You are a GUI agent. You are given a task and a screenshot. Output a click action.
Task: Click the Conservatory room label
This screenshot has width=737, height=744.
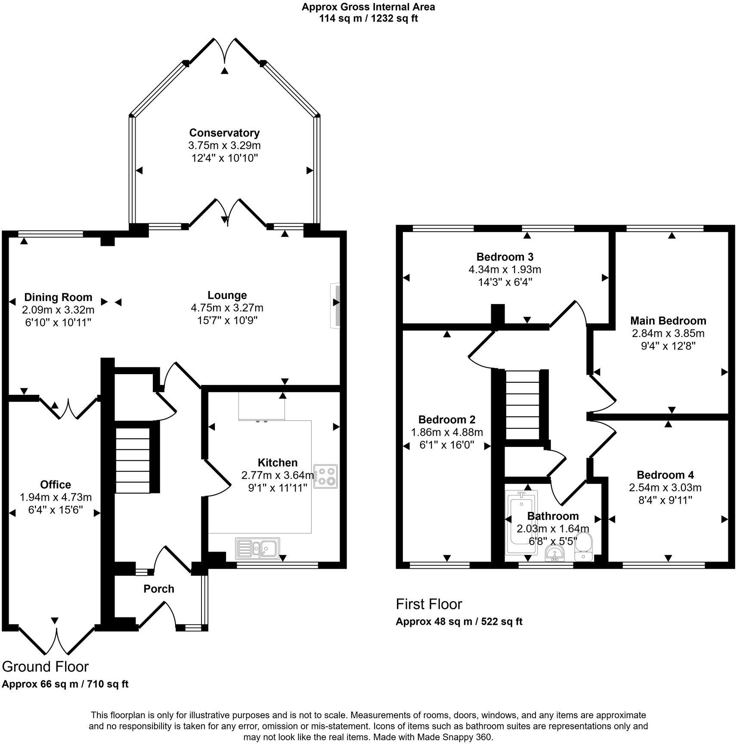[x=224, y=133]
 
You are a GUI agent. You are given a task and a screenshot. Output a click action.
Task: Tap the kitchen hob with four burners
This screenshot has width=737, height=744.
[x=326, y=476]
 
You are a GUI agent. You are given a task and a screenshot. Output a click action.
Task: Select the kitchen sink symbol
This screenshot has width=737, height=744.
[x=257, y=548]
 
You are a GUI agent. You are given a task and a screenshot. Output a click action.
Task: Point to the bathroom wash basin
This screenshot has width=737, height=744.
[x=555, y=554]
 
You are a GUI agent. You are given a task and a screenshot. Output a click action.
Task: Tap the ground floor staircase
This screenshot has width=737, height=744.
[x=133, y=460]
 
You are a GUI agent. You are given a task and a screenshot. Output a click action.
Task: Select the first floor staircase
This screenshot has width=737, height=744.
[x=522, y=405]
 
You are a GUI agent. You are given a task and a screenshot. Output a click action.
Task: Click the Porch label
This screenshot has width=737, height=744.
[x=159, y=589]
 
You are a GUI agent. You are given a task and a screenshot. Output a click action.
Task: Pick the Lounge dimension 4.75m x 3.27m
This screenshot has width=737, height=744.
[x=227, y=308]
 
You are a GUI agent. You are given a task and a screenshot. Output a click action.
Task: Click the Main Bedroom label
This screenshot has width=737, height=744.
[x=668, y=320]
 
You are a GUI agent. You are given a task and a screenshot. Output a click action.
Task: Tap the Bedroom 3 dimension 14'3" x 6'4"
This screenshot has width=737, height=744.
[x=505, y=282]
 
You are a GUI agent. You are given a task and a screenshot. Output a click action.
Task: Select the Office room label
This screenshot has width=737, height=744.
[x=56, y=484]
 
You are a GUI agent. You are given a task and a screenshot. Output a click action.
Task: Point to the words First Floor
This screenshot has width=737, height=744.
[x=429, y=604]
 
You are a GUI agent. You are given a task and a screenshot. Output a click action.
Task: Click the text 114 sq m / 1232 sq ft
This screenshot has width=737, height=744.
[x=368, y=19]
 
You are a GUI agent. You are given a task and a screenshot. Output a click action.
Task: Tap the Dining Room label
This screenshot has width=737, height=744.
[x=58, y=297]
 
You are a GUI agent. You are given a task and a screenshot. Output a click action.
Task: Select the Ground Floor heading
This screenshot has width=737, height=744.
[x=45, y=666]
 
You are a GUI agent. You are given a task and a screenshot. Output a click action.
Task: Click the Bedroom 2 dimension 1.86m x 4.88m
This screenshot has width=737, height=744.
[x=447, y=432]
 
